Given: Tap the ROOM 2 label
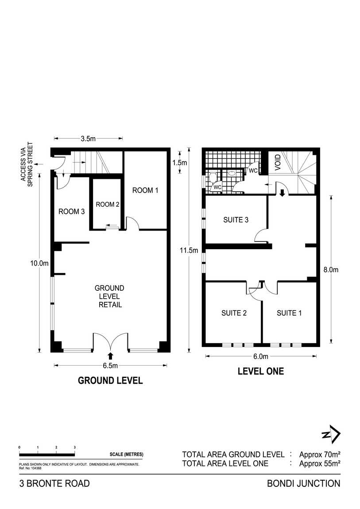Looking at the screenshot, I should coord(108,204).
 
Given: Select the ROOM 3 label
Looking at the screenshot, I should coord(71,212).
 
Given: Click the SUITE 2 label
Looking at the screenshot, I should coord(234,313).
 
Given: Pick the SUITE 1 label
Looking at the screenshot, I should coord(289,313).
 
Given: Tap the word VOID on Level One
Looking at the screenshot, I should coord(278,163).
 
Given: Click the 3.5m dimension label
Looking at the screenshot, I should coord(88,139).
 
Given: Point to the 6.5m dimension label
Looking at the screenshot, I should coord(111,366).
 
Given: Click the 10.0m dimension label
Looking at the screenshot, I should coord(39,263).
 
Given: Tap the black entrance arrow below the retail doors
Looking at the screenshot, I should coord(111,355).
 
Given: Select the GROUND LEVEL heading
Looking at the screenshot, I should coord(110,380).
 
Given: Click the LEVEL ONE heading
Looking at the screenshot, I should coord(261,371).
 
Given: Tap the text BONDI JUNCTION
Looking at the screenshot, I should coord(304,483).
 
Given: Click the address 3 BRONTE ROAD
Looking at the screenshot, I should coord(54,483).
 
